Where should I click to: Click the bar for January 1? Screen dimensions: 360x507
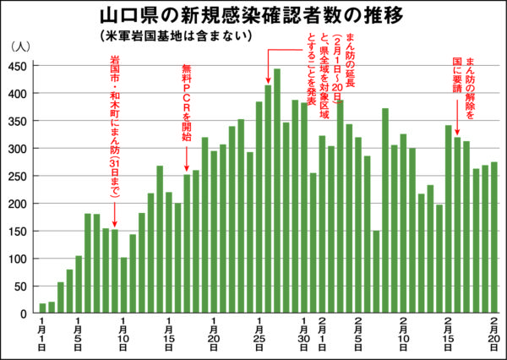[42, 308]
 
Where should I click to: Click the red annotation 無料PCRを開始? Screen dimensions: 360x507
[187, 101]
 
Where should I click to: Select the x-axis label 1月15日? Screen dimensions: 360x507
[168, 335]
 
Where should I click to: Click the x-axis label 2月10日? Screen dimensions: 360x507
[404, 335]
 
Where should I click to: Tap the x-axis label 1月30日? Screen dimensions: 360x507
[304, 335]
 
